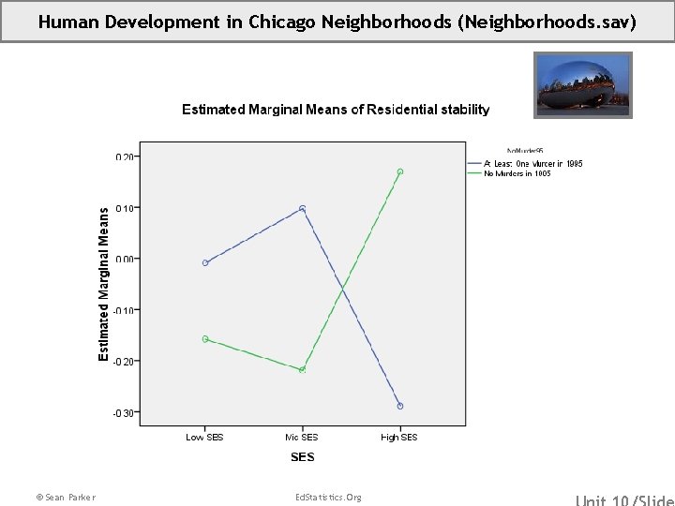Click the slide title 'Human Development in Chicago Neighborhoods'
click(337, 21)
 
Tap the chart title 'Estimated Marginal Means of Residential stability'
click(335, 110)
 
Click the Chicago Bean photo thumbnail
click(583, 85)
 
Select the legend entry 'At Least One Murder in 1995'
click(532, 164)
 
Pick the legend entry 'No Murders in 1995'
click(517, 173)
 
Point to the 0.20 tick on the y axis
click(126, 156)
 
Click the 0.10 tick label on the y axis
click(126, 208)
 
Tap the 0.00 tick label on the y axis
click(126, 259)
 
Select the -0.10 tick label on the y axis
click(125, 310)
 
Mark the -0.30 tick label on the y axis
click(125, 412)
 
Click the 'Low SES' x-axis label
click(204, 438)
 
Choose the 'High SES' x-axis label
click(399, 438)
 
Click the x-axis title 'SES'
click(302, 457)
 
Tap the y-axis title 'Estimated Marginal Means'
click(104, 283)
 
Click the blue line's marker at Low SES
click(205, 263)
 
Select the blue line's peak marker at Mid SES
click(302, 209)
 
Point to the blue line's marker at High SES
click(399, 406)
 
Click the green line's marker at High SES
click(399, 171)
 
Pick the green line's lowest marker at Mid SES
click(302, 370)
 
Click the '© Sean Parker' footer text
click(65, 497)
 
